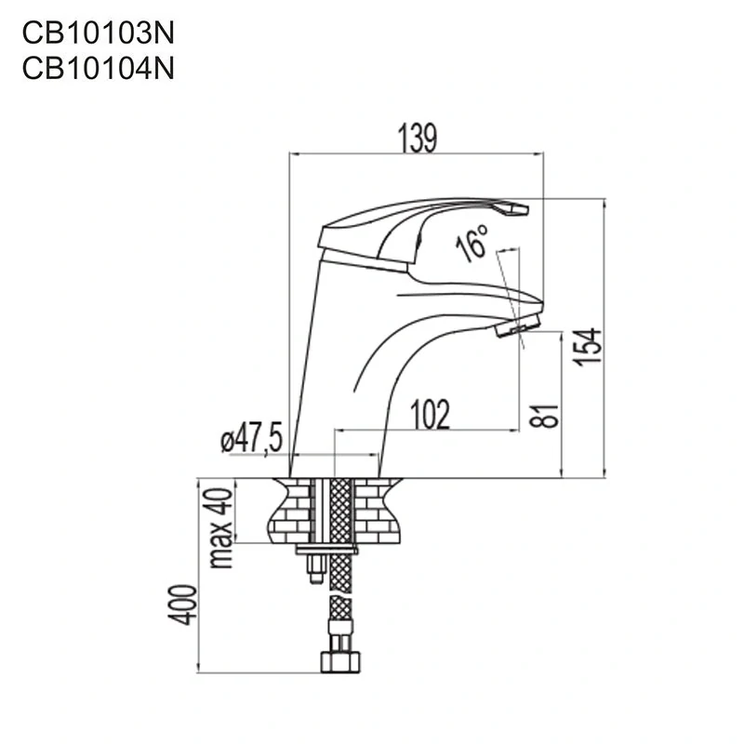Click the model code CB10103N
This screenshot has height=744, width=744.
click(x=98, y=34)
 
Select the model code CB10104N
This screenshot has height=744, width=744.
click(x=98, y=68)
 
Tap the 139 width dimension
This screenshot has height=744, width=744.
click(x=418, y=138)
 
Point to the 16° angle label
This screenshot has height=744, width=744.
click(x=472, y=244)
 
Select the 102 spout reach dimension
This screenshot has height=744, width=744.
click(x=429, y=415)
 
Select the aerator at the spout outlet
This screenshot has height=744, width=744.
click(x=517, y=326)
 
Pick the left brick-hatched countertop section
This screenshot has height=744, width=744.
click(x=291, y=511)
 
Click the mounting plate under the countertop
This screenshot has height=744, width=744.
click(x=326, y=551)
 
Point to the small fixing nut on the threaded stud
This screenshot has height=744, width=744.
click(x=312, y=569)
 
